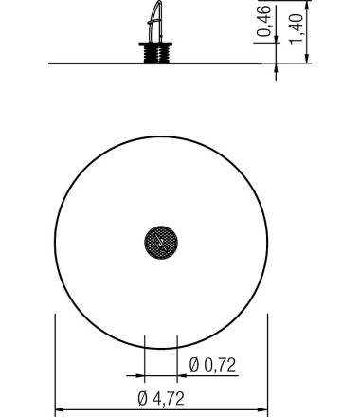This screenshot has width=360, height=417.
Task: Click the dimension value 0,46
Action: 264,21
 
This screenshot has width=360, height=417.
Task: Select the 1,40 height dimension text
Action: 297,29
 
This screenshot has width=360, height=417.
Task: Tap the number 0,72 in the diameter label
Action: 220,365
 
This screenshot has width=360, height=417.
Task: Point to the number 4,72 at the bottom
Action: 169,399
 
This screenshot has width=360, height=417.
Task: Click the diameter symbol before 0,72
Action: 194,365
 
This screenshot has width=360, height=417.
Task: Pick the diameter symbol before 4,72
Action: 143,399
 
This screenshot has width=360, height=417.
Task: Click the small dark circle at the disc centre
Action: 161,243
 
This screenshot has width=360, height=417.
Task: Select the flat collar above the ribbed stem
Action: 155,45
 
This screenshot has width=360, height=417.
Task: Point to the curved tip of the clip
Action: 159,3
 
